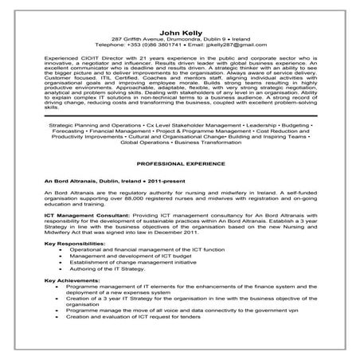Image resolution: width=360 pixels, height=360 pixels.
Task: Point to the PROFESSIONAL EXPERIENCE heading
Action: [179, 162]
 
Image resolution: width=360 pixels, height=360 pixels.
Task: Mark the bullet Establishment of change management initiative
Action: [131, 284]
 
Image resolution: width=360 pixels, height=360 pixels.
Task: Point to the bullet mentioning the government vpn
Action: [183, 334]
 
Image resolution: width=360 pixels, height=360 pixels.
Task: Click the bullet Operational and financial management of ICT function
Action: [140, 272]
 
